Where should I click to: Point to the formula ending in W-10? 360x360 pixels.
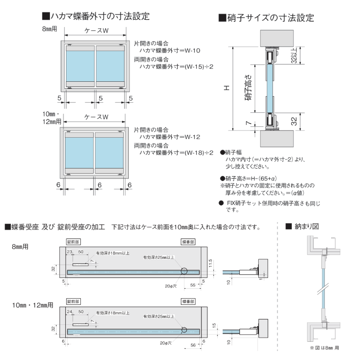coord(169,50)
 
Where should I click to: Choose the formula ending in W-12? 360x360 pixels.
coord(169,137)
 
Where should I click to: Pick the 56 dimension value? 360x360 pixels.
coord(193,345)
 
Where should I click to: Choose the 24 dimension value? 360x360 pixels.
coord(69,311)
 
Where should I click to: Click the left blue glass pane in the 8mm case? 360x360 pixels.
coord(80,66)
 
